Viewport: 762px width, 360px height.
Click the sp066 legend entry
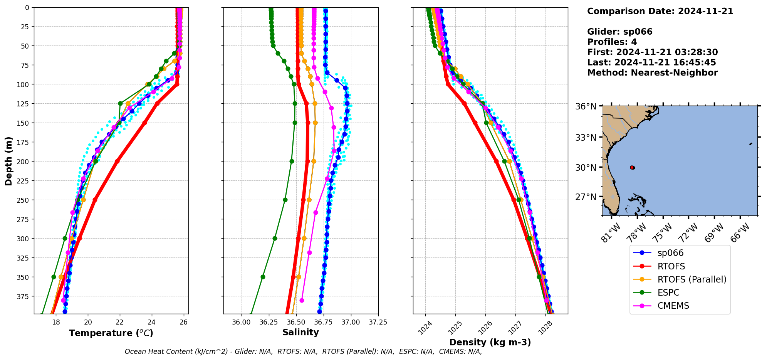click(x=670, y=253)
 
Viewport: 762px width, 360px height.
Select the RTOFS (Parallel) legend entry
click(x=692, y=279)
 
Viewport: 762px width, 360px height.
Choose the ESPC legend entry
click(x=668, y=293)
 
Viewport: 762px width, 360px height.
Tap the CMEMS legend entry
click(x=673, y=306)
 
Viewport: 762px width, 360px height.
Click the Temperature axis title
click(x=111, y=333)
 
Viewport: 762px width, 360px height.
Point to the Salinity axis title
click(x=300, y=332)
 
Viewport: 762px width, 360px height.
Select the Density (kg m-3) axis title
click(x=490, y=342)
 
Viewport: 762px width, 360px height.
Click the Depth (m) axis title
click(x=8, y=161)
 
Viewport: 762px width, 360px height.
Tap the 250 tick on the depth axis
click(x=24, y=200)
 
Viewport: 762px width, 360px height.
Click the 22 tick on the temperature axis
click(x=120, y=322)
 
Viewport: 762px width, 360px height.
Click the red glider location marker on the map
click(x=632, y=168)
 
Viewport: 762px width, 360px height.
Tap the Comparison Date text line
click(x=660, y=11)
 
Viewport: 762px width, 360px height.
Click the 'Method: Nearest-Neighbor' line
click(x=652, y=73)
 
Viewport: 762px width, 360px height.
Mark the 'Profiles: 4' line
click(x=612, y=42)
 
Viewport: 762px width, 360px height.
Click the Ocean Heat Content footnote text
click(x=303, y=352)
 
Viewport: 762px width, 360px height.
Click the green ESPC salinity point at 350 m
click(x=263, y=277)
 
